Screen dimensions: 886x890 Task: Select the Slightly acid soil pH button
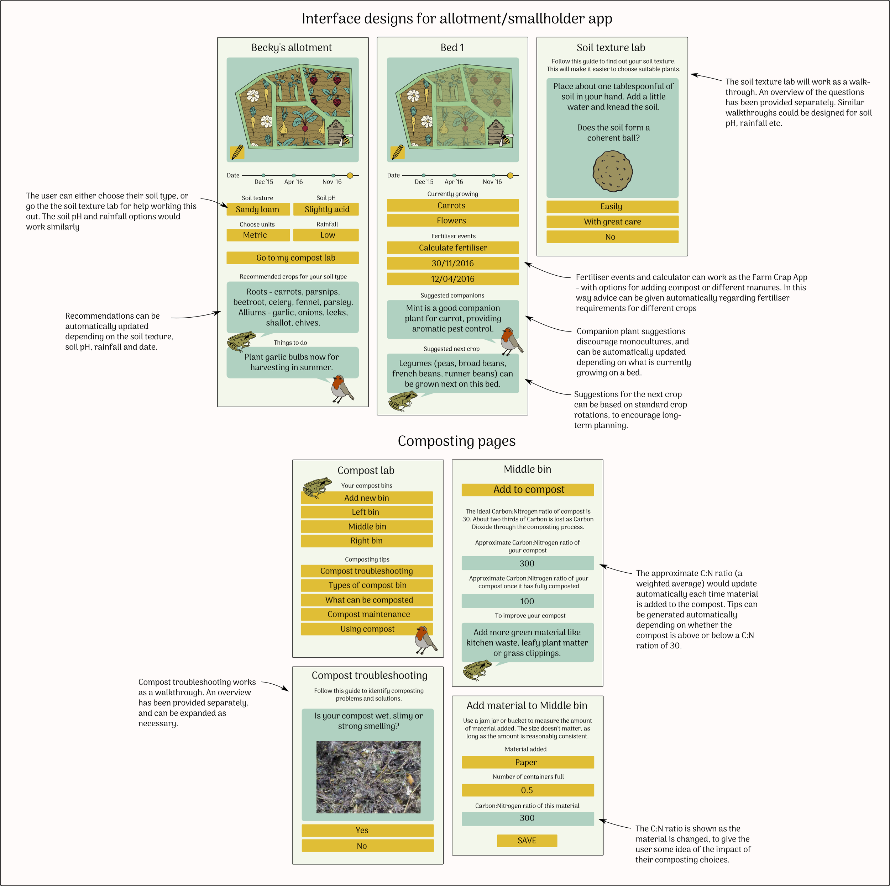point(326,209)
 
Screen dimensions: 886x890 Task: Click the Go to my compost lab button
point(293,258)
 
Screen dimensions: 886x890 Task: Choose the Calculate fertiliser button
point(453,248)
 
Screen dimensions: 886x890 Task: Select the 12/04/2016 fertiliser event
point(453,279)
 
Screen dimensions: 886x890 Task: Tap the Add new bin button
point(367,498)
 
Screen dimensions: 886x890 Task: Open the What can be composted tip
point(367,600)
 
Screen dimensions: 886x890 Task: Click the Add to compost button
point(528,490)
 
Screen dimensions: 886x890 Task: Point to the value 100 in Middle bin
point(528,601)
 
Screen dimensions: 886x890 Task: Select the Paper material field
point(528,762)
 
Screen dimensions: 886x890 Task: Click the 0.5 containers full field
point(528,790)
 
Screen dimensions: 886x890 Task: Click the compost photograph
point(368,777)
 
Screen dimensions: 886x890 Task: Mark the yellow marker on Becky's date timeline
point(350,175)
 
